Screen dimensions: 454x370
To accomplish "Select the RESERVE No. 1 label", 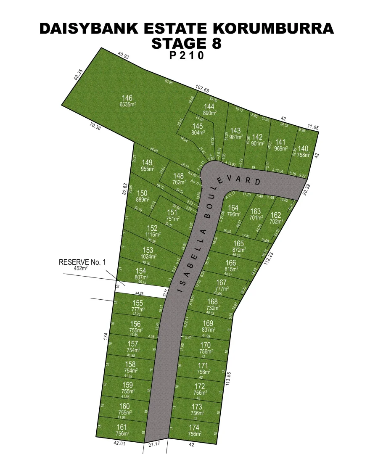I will click(82, 262).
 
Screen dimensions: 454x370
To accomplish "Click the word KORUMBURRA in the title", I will click(272, 29).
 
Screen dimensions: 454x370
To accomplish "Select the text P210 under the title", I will click(187, 56).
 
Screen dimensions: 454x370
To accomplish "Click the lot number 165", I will click(238, 243).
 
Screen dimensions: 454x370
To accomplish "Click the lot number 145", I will click(198, 126).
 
